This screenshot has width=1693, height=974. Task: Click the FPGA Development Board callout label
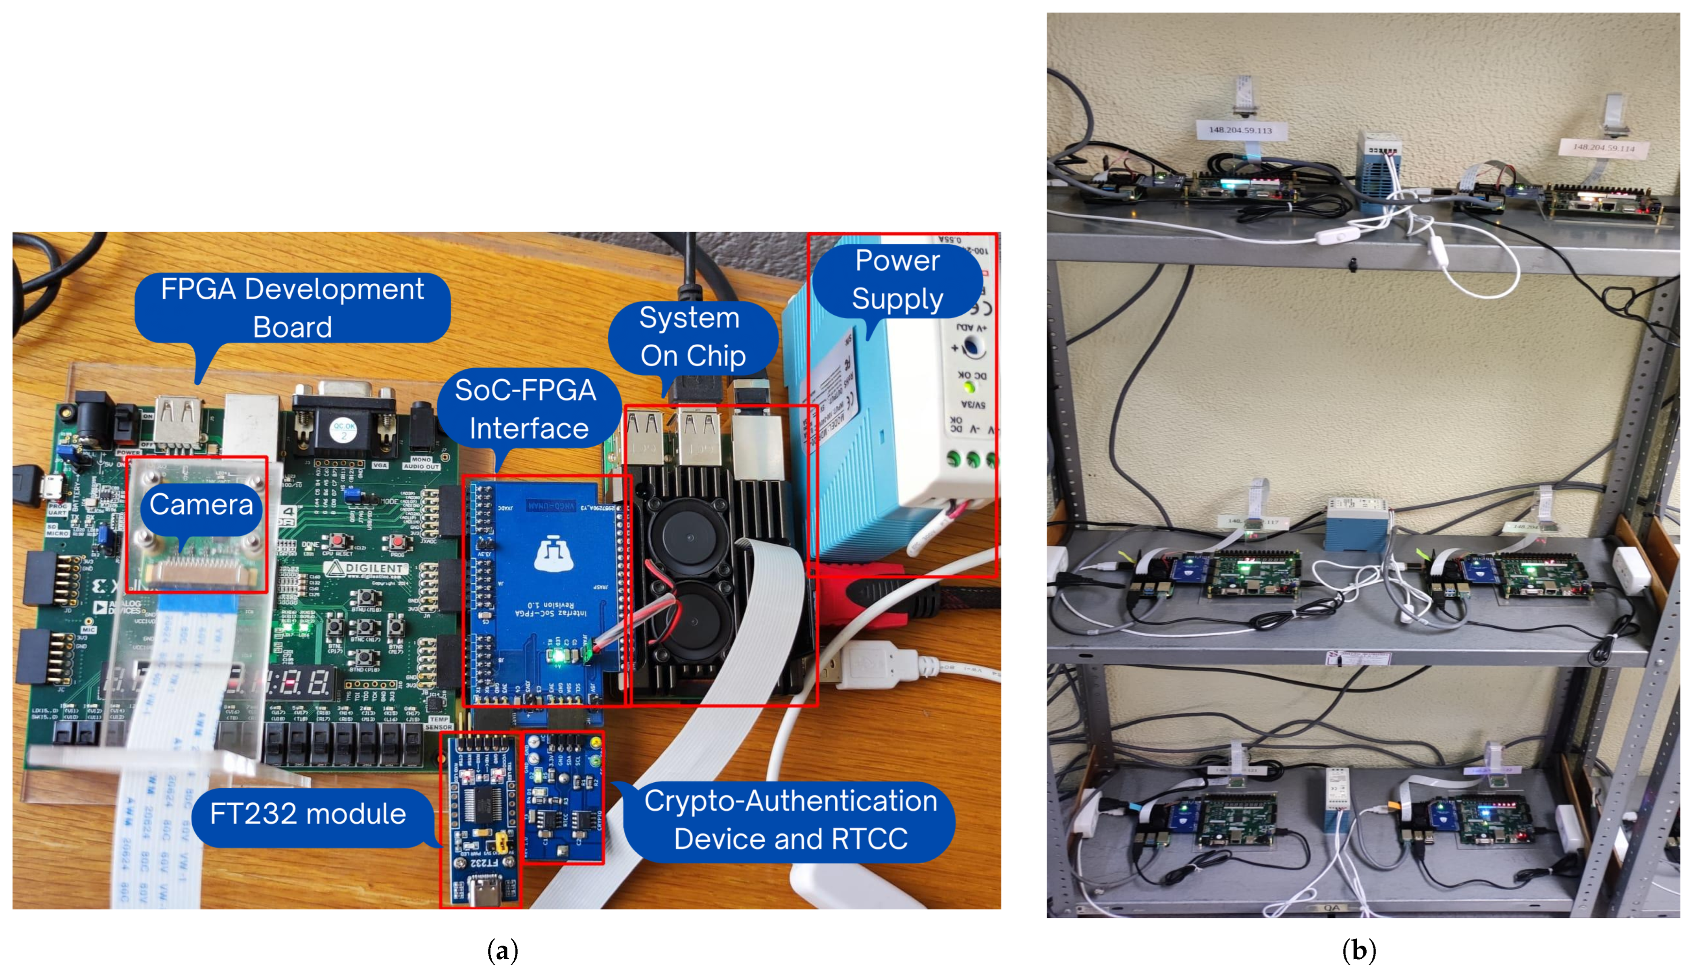pyautogui.click(x=292, y=308)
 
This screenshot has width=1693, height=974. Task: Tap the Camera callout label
pyautogui.click(x=201, y=505)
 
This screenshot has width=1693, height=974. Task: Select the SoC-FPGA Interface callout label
pyautogui.click(x=526, y=409)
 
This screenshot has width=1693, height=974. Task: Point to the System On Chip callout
pyautogui.click(x=692, y=336)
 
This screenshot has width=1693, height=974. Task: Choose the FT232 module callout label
pyautogui.click(x=308, y=814)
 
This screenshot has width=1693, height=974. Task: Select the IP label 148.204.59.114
pyautogui.click(x=1603, y=147)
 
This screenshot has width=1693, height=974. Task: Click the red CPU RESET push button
pyautogui.click(x=337, y=540)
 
